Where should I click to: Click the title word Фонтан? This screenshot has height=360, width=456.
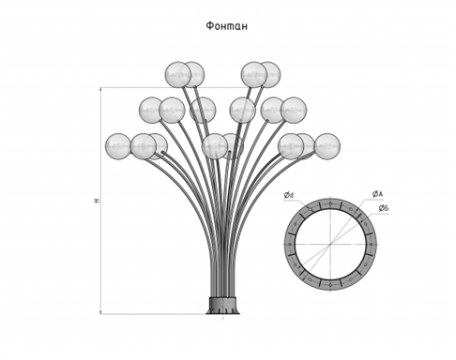click(x=227, y=26)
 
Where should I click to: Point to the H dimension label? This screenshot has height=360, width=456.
click(x=98, y=201)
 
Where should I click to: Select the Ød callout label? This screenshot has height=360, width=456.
click(x=289, y=195)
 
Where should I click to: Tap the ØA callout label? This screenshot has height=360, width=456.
click(x=377, y=194)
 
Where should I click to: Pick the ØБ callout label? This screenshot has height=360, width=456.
click(x=384, y=208)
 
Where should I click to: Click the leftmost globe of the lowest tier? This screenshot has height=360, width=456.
click(x=118, y=146)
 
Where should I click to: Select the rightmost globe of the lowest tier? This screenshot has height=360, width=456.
click(x=327, y=146)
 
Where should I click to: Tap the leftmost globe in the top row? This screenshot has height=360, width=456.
click(x=178, y=74)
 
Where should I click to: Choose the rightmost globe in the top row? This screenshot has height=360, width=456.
click(x=268, y=74)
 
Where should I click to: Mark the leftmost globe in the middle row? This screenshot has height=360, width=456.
click(x=152, y=110)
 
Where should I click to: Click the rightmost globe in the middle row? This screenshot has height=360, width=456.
click(x=294, y=110)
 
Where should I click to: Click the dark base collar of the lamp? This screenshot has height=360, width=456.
click(x=223, y=306)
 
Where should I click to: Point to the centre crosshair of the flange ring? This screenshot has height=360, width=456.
click(x=330, y=244)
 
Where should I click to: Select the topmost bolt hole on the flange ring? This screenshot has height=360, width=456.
click(x=330, y=203)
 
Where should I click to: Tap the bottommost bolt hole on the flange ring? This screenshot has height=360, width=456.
click(x=330, y=284)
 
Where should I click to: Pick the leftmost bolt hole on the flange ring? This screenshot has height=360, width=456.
click(x=290, y=244)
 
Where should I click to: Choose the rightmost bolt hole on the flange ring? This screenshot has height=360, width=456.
click(x=371, y=244)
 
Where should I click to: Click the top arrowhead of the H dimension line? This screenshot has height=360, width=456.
click(x=100, y=89)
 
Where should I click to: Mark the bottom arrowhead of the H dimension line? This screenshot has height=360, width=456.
click(x=100, y=312)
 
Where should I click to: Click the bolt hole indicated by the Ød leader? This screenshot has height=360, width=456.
click(x=311, y=209)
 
